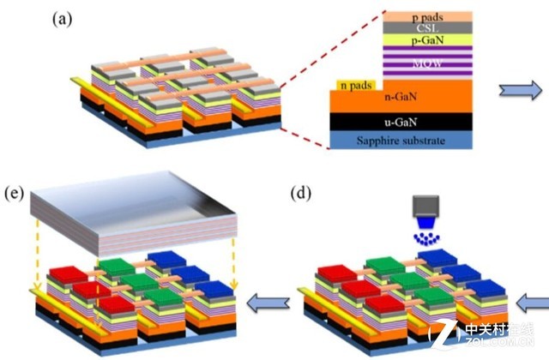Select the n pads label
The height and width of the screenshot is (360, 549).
coord(355,85)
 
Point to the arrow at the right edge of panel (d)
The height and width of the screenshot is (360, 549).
coord(535,301)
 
